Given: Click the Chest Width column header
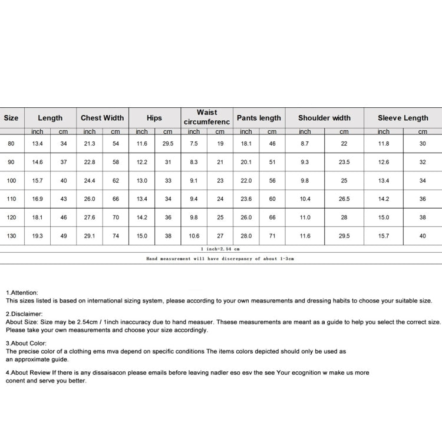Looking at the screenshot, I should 102,118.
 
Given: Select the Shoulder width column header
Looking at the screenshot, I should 324,118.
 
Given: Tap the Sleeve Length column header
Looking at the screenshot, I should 403,118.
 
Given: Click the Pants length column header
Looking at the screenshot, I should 259,118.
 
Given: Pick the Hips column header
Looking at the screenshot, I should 154,118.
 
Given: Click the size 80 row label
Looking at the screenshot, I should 11,143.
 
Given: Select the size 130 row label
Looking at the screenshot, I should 11,236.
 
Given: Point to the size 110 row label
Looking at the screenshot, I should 11,199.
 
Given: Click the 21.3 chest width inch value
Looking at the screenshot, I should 90,143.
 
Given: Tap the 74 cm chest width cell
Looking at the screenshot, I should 116,236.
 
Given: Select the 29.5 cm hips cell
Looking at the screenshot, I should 168,143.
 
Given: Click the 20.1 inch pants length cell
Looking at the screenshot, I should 246,162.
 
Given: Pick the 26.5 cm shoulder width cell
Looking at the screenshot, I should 344,199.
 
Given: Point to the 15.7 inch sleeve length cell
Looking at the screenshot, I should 384,236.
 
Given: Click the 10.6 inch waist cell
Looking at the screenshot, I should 194,236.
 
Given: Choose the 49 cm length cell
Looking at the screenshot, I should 64,236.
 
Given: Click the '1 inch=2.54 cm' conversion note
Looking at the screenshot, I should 220,249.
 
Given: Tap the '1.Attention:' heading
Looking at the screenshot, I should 22,292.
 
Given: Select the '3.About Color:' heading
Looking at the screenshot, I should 26,343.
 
